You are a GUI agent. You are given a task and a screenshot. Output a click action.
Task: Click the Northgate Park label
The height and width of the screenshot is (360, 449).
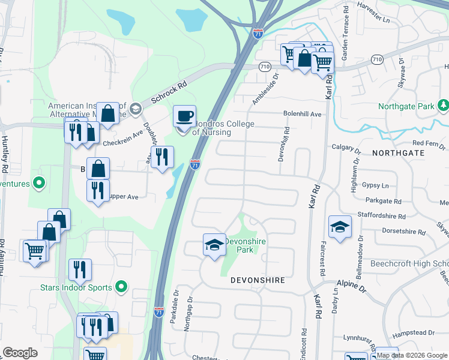click(406, 107)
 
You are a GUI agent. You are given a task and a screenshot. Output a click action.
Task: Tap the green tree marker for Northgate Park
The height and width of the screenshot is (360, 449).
click(444, 106)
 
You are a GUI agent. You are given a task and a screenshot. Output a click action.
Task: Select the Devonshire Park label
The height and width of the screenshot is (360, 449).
click(245, 245)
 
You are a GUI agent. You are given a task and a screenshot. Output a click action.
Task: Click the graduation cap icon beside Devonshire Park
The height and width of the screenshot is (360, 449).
click(214, 244)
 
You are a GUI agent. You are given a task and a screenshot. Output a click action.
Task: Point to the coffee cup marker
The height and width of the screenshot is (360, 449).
click(184, 115)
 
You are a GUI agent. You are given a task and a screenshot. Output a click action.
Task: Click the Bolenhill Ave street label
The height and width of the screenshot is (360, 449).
click(303, 114)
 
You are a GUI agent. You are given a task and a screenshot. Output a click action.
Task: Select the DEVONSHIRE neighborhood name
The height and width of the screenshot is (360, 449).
click(258, 280)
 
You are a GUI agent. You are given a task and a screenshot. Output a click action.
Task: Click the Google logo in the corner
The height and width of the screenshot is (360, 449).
click(20, 353)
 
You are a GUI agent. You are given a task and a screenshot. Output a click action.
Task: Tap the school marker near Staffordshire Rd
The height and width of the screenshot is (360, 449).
click(340, 226)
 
